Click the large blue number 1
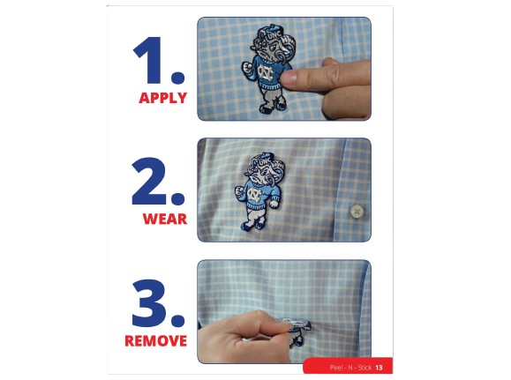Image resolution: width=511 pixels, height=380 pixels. click(149, 60)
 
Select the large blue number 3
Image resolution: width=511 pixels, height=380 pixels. click(149, 302)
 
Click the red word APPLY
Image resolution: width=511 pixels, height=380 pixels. click(163, 98)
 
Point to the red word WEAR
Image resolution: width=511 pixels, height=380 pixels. click(165, 219)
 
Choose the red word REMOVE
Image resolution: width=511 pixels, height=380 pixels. click(156, 341)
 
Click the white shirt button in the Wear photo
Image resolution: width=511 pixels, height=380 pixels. click(357, 212)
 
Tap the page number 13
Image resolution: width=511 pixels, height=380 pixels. click(379, 368)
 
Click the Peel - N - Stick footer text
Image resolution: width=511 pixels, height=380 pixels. click(350, 368)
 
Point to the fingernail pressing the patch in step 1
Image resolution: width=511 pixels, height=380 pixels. click(289, 78)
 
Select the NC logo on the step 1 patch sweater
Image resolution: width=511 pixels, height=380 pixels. click(265, 73)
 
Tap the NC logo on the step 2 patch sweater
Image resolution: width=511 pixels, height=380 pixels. click(254, 195)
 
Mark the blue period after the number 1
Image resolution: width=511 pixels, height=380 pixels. click(177, 77)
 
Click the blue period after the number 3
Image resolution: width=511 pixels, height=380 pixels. click(177, 320)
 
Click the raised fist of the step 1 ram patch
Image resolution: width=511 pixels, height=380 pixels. click(247, 68)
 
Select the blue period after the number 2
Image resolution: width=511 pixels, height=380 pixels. click(177, 198)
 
